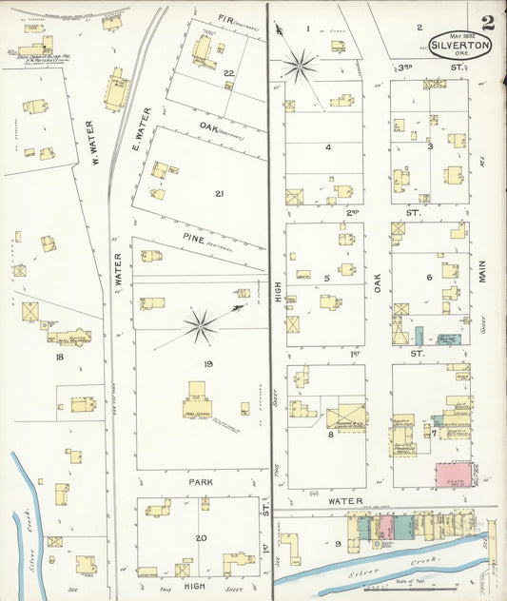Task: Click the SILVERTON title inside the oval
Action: pyautogui.click(x=460, y=45)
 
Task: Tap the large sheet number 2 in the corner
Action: pyautogui.click(x=488, y=24)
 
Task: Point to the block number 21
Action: pyautogui.click(x=219, y=194)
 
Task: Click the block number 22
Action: pyautogui.click(x=228, y=73)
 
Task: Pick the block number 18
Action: pyautogui.click(x=59, y=357)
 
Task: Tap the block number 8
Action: pyautogui.click(x=329, y=434)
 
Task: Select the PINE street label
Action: pyautogui.click(x=221, y=242)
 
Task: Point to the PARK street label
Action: pyautogui.click(x=199, y=483)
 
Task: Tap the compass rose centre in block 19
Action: pyautogui.click(x=201, y=326)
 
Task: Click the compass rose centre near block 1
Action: pyautogui.click(x=299, y=66)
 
